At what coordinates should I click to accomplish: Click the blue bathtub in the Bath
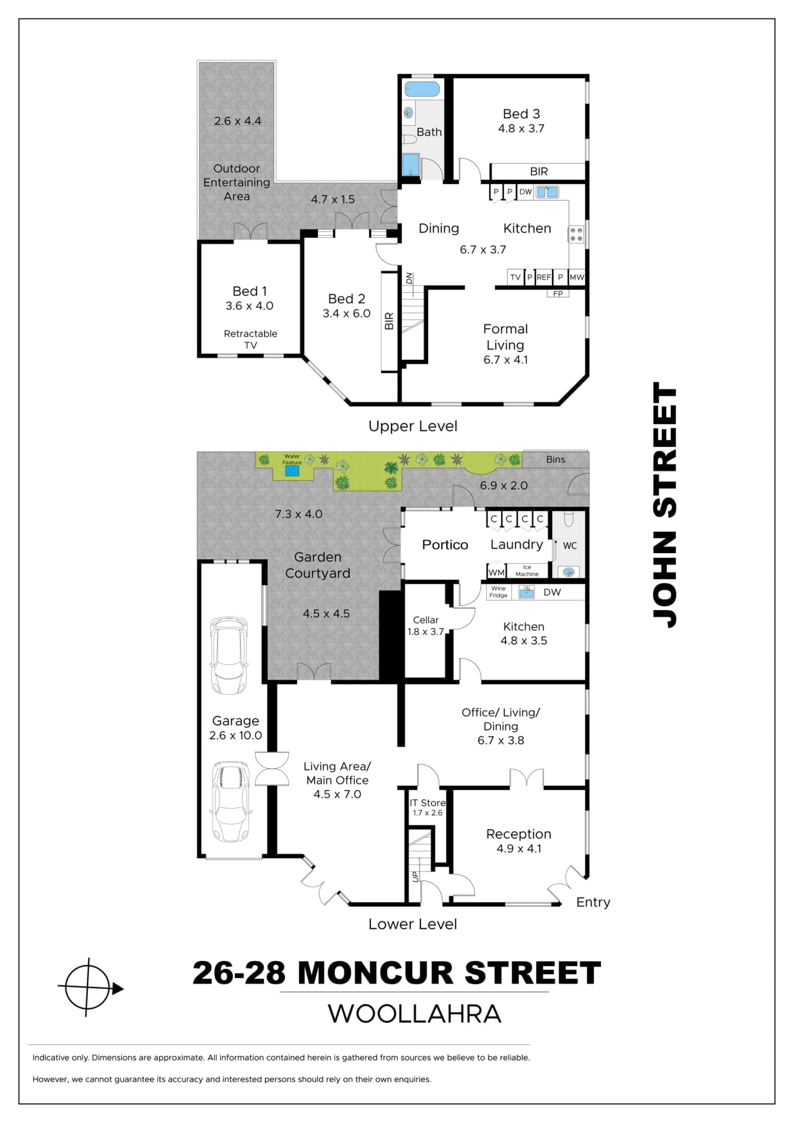422,89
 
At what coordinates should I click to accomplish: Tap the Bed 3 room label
521,114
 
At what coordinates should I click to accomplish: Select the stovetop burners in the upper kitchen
576,234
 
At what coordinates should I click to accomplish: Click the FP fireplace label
558,294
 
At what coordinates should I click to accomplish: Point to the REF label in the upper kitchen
543,277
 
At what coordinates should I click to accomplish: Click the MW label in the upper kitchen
577,277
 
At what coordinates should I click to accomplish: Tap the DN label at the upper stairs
409,279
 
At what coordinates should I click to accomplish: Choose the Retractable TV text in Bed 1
251,339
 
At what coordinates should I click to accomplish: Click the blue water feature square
292,470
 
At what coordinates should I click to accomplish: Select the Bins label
555,460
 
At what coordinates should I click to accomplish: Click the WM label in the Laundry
496,572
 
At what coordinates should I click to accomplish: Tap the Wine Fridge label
498,592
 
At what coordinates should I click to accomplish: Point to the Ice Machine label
527,571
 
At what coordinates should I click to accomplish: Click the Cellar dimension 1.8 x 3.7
426,632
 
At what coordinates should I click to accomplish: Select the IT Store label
428,803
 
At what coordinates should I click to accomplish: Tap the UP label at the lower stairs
415,877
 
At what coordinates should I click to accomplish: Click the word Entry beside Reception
593,902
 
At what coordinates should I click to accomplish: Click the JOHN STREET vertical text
665,505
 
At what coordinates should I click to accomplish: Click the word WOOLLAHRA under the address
415,1014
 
